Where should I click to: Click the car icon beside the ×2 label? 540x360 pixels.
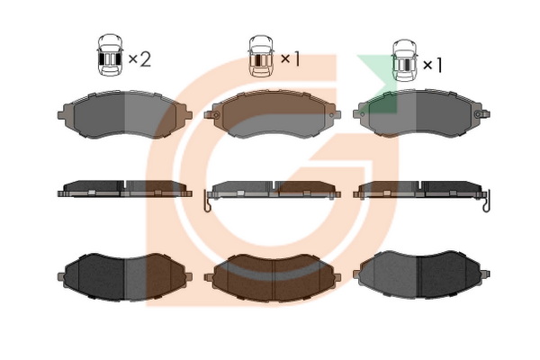[x=110, y=57]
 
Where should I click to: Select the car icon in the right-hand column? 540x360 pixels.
[x=405, y=59]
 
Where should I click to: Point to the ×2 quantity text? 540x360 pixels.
[x=139, y=59]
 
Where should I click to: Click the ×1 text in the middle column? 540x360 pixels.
[x=289, y=59]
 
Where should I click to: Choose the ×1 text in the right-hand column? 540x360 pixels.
[x=433, y=65]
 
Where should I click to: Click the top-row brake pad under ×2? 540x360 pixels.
[x=123, y=114]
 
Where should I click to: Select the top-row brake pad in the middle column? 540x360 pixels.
[x=274, y=114]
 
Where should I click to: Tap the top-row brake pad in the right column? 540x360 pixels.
[x=422, y=114]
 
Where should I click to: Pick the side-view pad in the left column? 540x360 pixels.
[x=123, y=189]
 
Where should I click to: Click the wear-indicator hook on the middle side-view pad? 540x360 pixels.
[x=208, y=206]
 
